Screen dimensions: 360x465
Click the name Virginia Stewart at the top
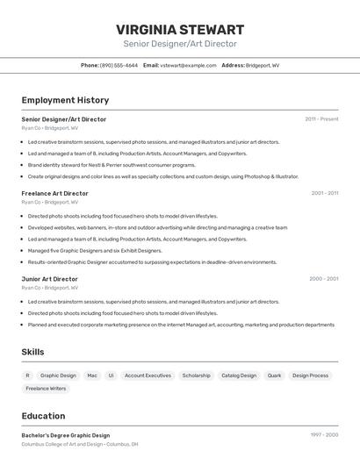point(180,29)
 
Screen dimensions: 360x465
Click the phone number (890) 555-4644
point(119,65)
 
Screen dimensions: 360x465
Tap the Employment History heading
point(65,100)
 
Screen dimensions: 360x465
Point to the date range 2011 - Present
point(321,119)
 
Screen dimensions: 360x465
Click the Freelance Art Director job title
point(54,193)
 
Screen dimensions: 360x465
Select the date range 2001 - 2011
point(324,193)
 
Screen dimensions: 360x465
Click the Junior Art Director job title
point(49,279)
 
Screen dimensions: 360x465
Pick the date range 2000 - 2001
point(323,279)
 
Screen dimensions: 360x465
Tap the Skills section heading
point(33,352)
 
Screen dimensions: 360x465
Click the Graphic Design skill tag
point(58,376)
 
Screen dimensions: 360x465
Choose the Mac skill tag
point(92,376)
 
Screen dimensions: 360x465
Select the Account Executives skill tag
point(148,376)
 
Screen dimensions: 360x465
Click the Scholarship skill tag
point(196,376)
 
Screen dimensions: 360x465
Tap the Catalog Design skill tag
point(239,376)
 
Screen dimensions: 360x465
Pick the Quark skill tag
point(274,376)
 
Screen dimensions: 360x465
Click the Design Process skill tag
point(310,376)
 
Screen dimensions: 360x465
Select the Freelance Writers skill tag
point(46,389)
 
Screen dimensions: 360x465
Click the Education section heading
point(43,416)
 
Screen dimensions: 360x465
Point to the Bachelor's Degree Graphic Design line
point(66,435)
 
